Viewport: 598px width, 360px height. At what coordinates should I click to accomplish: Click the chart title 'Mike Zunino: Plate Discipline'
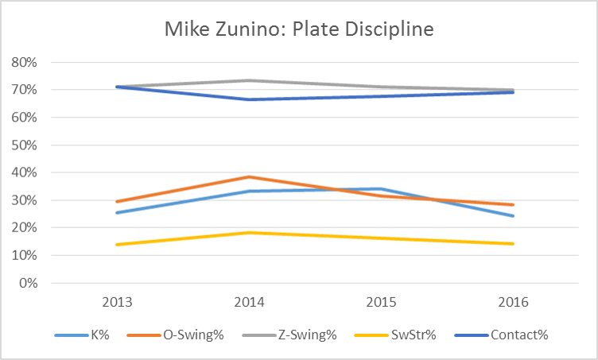(x=299, y=29)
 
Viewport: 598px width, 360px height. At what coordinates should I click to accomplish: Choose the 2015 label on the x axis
(x=383, y=302)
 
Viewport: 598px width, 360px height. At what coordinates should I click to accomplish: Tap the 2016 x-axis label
(x=514, y=302)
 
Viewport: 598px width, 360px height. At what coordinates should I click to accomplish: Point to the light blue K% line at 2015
(x=383, y=188)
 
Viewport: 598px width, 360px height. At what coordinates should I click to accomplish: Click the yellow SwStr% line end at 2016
(x=514, y=244)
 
